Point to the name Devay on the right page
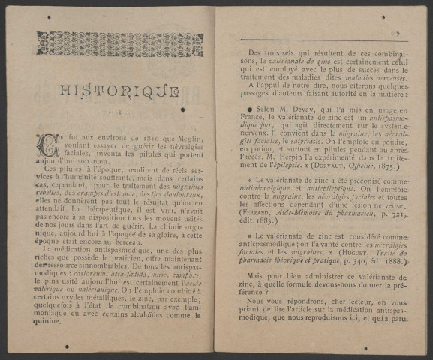point(293,107)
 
